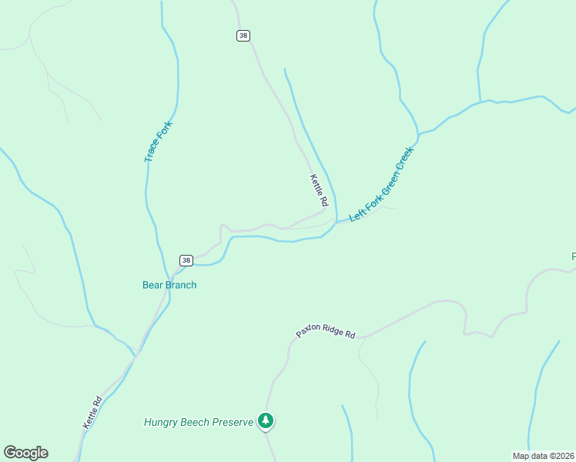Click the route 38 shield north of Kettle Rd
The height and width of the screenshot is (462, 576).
click(x=243, y=35)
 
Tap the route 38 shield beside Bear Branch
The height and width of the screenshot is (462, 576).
click(x=186, y=260)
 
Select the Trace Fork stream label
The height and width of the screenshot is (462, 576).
click(x=158, y=141)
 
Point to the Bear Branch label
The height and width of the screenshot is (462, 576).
click(x=169, y=285)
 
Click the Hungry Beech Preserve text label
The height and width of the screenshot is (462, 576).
click(x=199, y=422)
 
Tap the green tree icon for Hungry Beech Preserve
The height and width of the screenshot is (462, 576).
click(x=266, y=420)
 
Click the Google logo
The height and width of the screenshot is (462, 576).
click(x=25, y=453)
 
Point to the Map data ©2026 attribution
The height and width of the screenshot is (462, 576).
click(x=543, y=455)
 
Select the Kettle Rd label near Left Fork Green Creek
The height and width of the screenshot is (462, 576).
click(x=320, y=190)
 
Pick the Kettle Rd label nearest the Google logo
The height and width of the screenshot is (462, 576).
click(x=92, y=412)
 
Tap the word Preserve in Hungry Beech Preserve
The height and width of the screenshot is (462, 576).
click(x=232, y=422)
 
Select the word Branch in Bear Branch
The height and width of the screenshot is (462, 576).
click(x=181, y=285)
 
